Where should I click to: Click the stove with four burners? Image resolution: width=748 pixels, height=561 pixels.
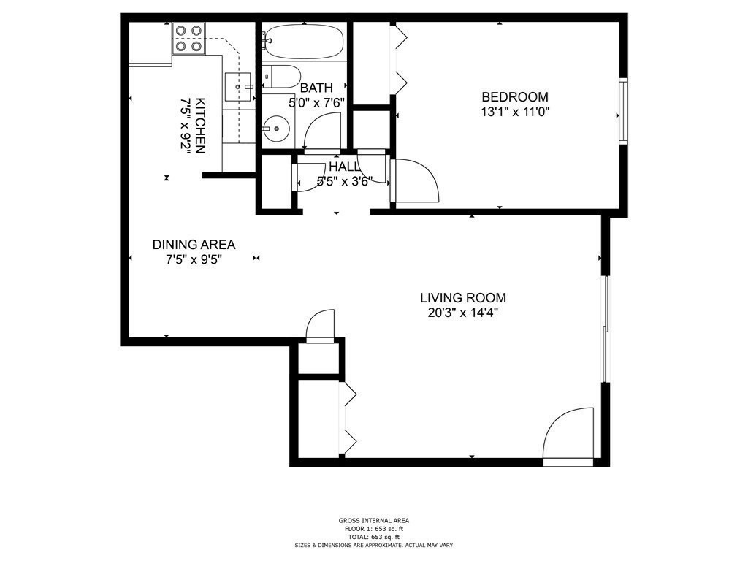pos(188,39)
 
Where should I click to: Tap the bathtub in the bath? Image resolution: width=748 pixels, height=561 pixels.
pos(303,42)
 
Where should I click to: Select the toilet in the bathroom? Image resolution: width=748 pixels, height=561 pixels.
pos(283,76)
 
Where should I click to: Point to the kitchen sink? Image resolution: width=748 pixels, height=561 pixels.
pos(238,85)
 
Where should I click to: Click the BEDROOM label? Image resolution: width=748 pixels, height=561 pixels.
pos(514,96)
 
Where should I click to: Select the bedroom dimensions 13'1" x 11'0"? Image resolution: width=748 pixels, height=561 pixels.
pos(514,112)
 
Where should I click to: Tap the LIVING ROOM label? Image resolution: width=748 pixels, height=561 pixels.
pos(462,298)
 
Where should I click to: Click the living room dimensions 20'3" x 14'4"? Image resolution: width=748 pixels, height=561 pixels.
pos(462,313)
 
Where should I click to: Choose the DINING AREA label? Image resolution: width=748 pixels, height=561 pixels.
pos(194,245)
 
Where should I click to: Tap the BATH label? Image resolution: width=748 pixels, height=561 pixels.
pos(316,88)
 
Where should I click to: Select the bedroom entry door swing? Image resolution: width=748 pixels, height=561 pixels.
pos(414,180)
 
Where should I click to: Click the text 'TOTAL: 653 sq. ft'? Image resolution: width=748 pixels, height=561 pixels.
pos(374,537)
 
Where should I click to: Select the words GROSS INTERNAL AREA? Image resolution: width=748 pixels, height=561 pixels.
pos(374,521)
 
